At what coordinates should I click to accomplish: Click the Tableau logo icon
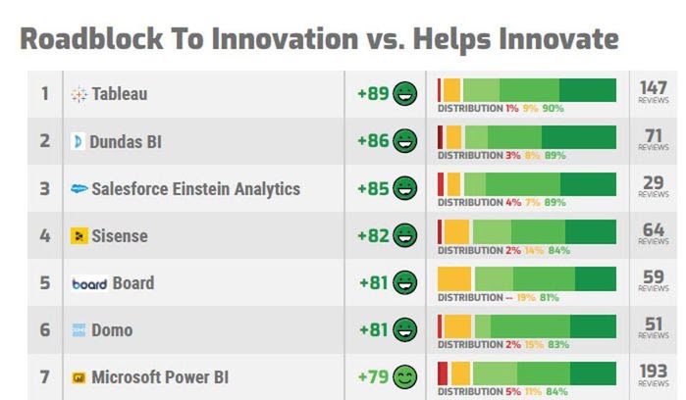click(x=79, y=95)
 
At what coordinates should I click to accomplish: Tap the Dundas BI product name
click(x=126, y=141)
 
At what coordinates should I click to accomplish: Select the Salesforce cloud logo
click(x=79, y=188)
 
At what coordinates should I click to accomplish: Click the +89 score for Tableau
click(x=373, y=94)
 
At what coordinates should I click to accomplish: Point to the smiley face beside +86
click(x=405, y=141)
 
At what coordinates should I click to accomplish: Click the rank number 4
click(x=44, y=235)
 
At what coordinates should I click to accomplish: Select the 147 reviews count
click(x=653, y=89)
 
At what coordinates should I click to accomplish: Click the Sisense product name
click(x=120, y=235)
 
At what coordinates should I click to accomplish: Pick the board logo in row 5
click(x=89, y=283)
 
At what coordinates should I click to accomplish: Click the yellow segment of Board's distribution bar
click(x=454, y=278)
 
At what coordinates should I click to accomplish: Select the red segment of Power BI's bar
click(x=443, y=373)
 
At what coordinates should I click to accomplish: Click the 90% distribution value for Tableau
click(x=554, y=108)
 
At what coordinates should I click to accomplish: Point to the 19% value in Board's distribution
click(x=527, y=297)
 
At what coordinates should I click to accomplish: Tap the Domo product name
click(x=112, y=330)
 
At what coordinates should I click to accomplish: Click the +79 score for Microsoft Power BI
click(x=373, y=376)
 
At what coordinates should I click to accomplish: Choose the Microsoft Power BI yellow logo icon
click(x=79, y=377)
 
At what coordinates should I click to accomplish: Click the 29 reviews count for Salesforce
click(x=653, y=183)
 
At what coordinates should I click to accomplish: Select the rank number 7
click(x=44, y=377)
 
